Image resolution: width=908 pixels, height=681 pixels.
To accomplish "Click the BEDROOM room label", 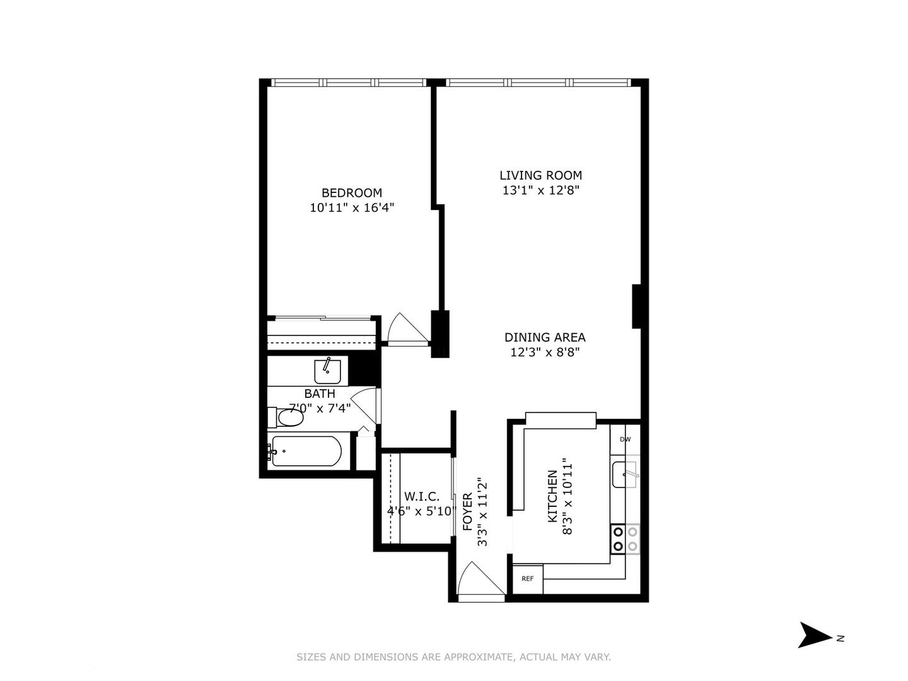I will (352, 193).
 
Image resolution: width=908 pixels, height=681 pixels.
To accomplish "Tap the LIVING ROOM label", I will (540, 175).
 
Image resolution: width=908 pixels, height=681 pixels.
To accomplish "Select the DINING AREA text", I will (545, 337).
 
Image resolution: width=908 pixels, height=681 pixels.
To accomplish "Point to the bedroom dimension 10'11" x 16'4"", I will (352, 207).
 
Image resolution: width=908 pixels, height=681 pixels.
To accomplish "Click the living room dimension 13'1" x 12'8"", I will (540, 190).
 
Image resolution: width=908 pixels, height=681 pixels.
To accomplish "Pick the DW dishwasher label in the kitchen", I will (625, 439).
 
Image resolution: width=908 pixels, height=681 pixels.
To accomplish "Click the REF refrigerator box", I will (528, 579).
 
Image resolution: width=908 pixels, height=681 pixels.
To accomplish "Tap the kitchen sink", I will (625, 474).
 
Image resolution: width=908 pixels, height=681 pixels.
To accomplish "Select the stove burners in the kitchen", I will (625, 539).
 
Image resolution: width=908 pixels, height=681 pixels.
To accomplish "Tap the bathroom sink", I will (328, 371).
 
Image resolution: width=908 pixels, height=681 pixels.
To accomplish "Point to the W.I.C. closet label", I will (421, 496).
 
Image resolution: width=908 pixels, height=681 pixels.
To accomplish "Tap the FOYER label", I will (468, 512).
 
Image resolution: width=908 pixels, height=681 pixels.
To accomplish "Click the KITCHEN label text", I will (552, 496).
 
